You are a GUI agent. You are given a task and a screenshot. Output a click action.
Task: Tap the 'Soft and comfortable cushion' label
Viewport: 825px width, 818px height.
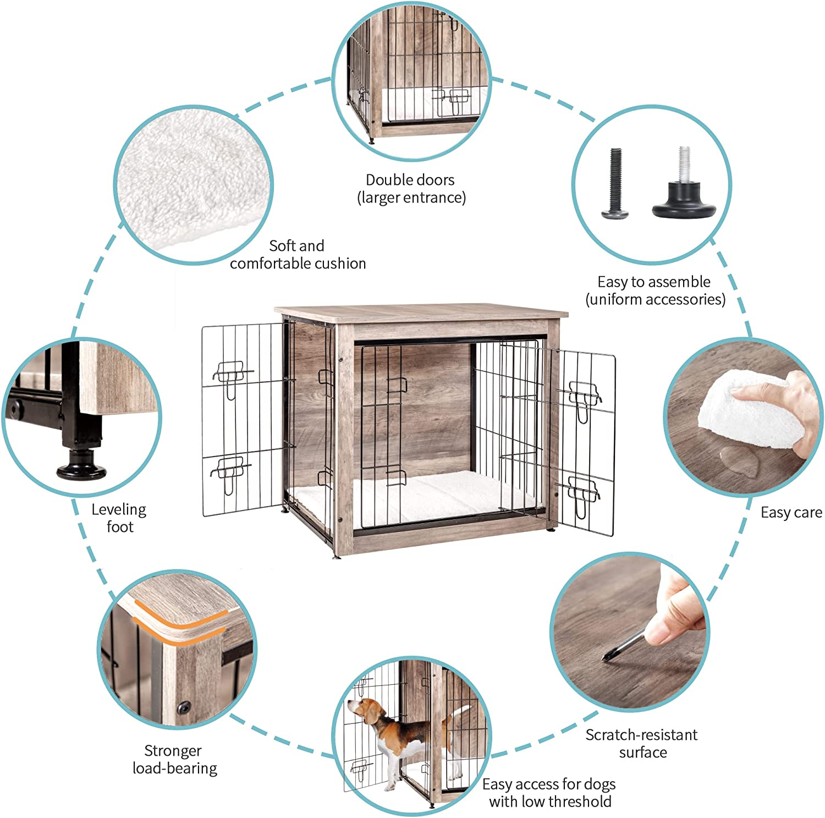click(298, 255)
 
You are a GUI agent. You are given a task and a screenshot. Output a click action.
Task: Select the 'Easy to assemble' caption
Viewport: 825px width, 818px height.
click(654, 290)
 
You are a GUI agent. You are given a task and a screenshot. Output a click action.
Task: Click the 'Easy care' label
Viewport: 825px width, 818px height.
click(791, 513)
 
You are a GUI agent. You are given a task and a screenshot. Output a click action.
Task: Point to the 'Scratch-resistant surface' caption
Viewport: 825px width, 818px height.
click(641, 743)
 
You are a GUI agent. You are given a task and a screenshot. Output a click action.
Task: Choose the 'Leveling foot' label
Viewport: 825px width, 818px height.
click(119, 518)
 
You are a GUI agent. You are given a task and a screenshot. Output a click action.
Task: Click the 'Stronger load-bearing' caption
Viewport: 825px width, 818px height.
click(174, 759)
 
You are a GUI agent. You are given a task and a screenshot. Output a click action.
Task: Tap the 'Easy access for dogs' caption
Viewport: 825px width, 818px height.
click(549, 793)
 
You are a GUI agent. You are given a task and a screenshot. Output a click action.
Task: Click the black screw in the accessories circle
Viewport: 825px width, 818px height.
click(615, 184)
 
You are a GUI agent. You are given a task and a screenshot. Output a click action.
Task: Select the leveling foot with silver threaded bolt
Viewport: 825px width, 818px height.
click(684, 190)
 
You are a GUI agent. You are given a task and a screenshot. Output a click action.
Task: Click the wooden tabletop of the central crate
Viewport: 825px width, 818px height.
click(421, 312)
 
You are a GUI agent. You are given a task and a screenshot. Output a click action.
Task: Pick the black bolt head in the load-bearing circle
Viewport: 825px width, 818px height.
click(184, 706)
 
